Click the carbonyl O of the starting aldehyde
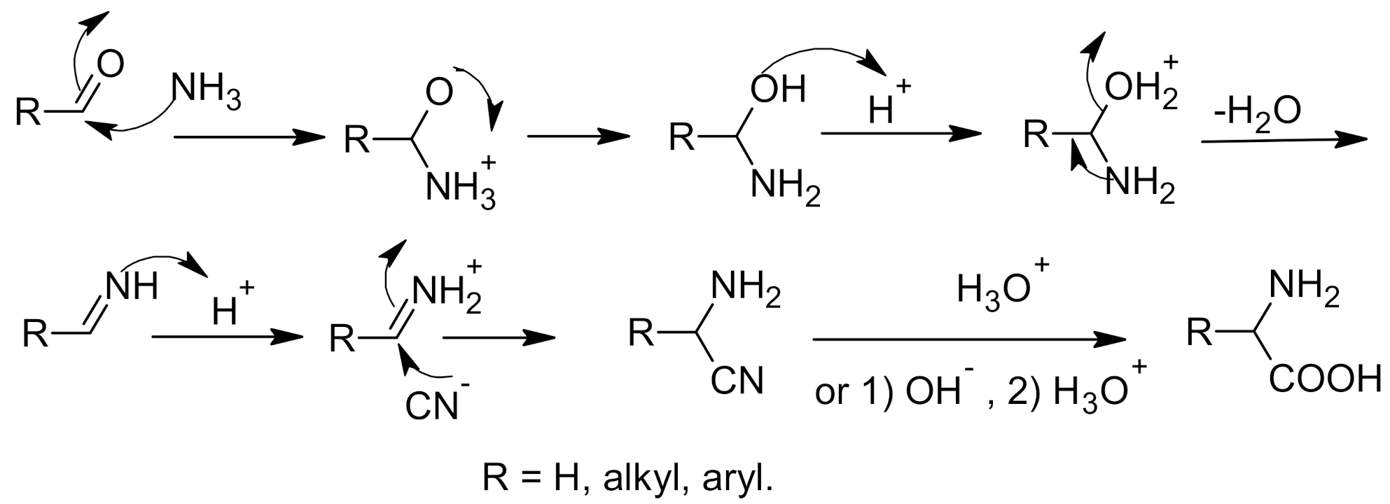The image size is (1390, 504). point(111,64)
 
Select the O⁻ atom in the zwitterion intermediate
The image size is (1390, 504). point(440,92)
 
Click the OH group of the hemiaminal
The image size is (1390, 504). point(778,90)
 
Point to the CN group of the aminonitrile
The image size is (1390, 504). point(736,381)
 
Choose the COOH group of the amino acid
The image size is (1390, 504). point(1324,381)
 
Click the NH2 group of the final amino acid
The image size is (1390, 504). point(1303,288)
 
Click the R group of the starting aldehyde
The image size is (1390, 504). point(29,113)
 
